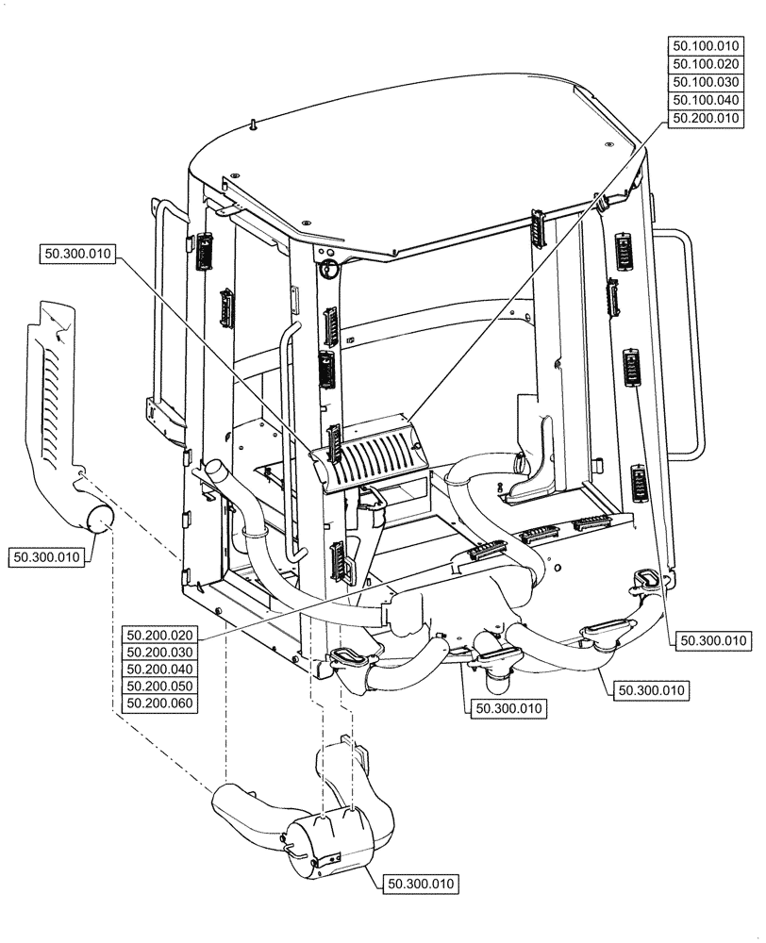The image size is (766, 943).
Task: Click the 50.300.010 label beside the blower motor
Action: point(421,884)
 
